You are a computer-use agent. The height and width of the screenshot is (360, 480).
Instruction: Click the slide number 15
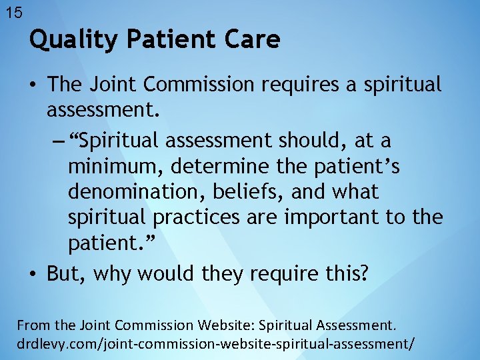pos(13,12)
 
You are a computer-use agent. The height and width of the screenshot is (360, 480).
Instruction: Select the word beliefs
pos(237,192)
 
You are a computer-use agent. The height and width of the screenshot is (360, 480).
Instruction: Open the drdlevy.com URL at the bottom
pos(215,344)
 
